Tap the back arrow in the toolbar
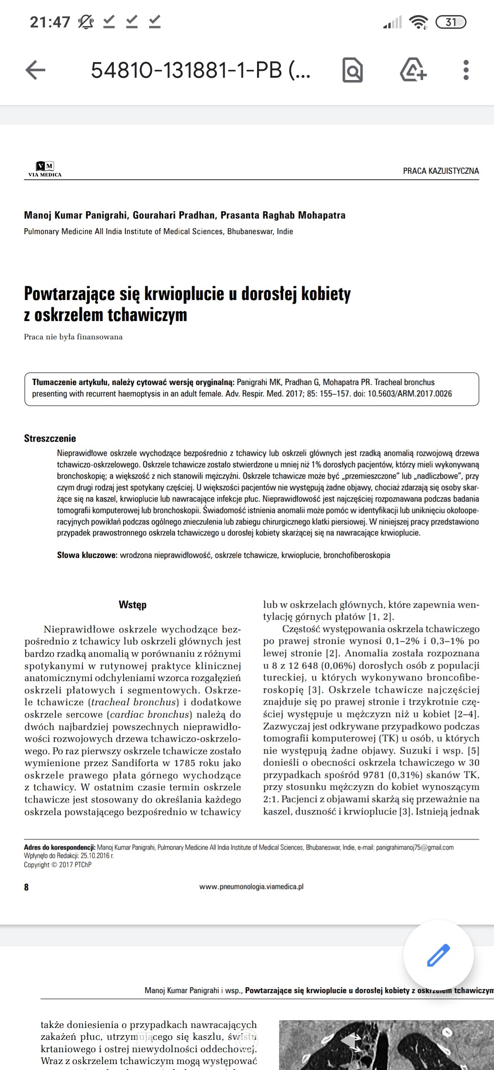[x=35, y=70]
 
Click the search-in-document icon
[x=353, y=70]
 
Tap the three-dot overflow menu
[x=466, y=70]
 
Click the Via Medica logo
[x=45, y=169]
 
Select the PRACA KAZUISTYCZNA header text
[x=440, y=171]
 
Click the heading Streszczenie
[x=50, y=439]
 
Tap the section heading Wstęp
[x=133, y=605]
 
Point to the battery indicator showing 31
[x=451, y=22]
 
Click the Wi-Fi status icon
[x=418, y=22]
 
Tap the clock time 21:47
[x=50, y=22]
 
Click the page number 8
[x=27, y=887]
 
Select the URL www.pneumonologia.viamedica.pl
[x=251, y=887]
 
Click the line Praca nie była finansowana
[x=73, y=337]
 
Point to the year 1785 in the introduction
[x=187, y=763]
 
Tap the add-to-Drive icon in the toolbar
[x=413, y=70]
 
